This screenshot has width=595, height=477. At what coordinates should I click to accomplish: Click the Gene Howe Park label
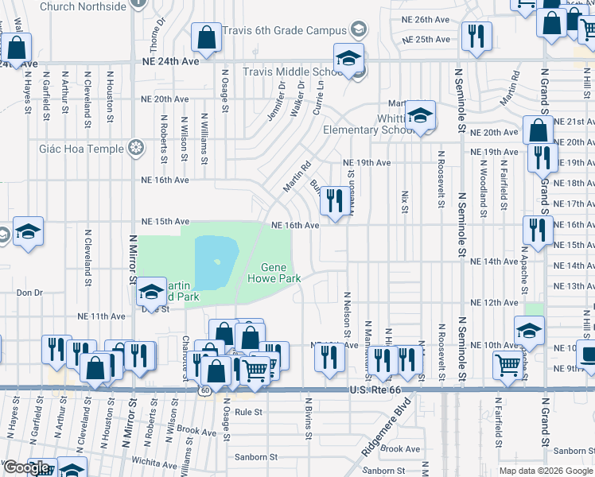click(x=274, y=273)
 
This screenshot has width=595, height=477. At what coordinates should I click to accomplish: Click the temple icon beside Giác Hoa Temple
click(x=137, y=149)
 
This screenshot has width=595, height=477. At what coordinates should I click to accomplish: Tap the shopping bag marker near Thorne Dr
click(x=206, y=37)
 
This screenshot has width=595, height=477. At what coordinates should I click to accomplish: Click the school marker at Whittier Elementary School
click(x=419, y=117)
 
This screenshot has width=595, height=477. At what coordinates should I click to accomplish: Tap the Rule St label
click(x=248, y=412)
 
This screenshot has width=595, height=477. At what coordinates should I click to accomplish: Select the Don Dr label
click(x=29, y=293)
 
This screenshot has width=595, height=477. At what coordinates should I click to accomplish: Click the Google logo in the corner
click(x=27, y=467)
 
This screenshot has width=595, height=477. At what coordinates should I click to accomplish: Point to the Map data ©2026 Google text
click(x=545, y=471)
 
